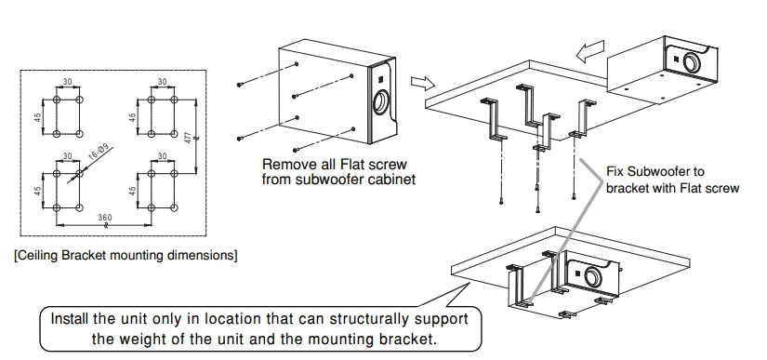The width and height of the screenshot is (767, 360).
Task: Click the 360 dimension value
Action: pyautogui.click(x=105, y=218)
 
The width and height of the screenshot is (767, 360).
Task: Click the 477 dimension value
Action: pyautogui.click(x=188, y=138)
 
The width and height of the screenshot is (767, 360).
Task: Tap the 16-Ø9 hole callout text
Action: pyautogui.click(x=100, y=153)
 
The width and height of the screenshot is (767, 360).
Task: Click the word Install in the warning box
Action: pyautogui.click(x=70, y=319)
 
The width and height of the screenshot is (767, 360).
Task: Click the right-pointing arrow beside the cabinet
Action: pyautogui.click(x=423, y=83)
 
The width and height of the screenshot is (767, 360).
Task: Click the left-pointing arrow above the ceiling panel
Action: pyautogui.click(x=590, y=51)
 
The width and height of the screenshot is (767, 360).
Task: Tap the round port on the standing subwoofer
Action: pyautogui.click(x=381, y=103)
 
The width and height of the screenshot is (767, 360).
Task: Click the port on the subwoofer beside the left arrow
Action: pyautogui.click(x=692, y=62)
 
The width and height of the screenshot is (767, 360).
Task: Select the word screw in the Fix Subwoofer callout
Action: pyautogui.click(x=721, y=188)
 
